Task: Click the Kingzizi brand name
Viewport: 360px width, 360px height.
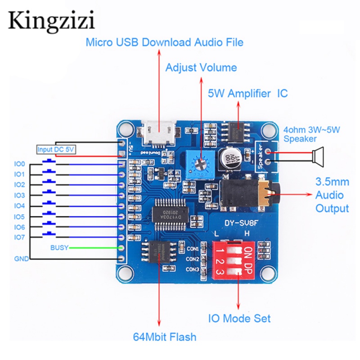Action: [51, 20]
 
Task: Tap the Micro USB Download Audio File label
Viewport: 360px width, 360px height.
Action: [164, 42]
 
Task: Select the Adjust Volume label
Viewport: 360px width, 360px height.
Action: [201, 68]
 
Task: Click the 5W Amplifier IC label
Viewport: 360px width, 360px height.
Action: [247, 94]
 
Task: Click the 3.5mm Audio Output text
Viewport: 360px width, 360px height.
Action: [332, 195]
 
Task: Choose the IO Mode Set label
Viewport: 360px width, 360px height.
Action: [239, 319]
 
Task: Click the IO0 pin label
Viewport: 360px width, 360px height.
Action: [19, 164]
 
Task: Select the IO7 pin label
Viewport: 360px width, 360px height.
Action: [19, 237]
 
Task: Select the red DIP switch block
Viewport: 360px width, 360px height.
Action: [234, 261]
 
